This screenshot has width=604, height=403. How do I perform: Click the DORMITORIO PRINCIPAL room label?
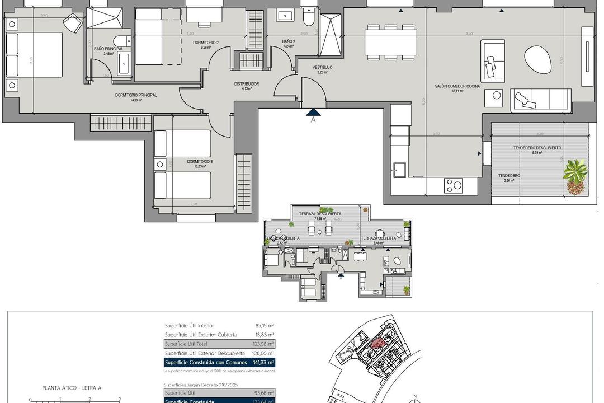136,95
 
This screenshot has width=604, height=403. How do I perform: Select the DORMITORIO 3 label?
196,161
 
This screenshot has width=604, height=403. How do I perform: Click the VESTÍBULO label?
322,67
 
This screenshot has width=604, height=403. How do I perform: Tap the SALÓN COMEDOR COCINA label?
457,86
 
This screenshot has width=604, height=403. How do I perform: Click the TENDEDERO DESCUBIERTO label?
537,148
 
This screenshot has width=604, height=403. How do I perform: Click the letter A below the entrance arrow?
313,119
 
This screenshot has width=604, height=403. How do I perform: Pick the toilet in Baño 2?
308,20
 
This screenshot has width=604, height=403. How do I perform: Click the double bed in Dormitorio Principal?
35,54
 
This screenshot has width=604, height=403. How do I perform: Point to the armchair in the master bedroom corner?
72,24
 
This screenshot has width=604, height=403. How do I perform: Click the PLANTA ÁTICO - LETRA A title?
72,387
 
